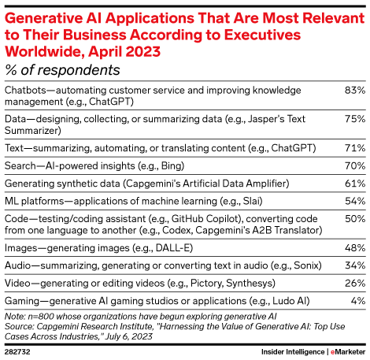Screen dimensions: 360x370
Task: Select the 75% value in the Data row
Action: pos(354,119)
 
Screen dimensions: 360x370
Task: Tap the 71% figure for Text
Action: pos(354,147)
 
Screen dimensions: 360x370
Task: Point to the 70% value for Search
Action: pos(354,165)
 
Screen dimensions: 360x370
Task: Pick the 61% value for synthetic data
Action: pos(354,183)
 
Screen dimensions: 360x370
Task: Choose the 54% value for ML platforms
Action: pos(354,201)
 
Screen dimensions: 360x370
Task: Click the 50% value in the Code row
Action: pos(354,218)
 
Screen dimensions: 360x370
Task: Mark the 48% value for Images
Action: pos(354,247)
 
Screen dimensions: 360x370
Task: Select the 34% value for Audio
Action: pos(354,265)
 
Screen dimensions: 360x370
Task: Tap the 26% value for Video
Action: pos(354,283)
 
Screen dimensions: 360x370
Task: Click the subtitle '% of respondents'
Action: pos(62,70)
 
